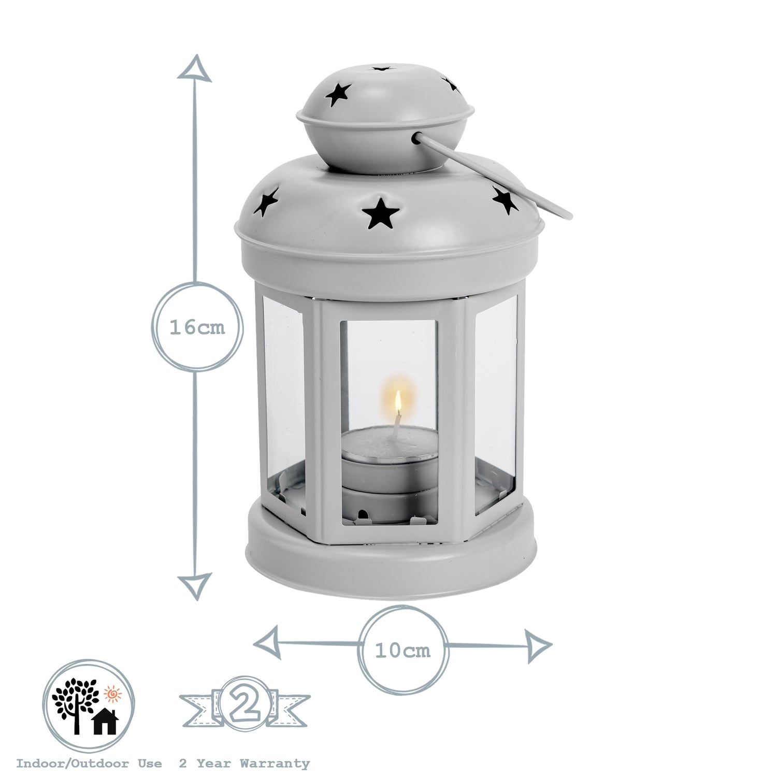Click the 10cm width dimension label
[402, 650]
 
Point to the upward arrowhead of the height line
[194, 67]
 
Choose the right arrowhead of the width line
[539, 645]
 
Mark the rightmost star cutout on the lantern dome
[505, 200]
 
